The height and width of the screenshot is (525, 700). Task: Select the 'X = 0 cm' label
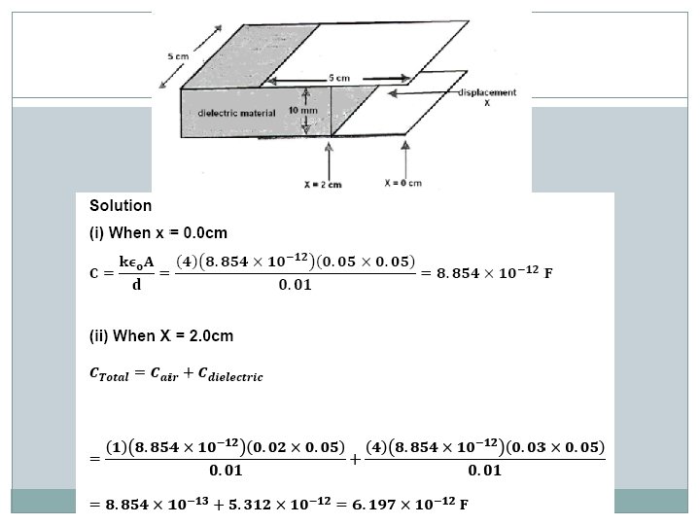click(x=402, y=183)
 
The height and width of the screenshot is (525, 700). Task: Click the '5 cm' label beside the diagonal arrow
click(x=176, y=56)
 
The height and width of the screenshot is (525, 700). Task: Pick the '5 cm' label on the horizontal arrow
click(x=336, y=77)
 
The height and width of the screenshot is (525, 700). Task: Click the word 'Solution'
click(x=120, y=206)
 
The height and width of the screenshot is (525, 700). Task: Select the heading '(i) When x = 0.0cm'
click(x=157, y=235)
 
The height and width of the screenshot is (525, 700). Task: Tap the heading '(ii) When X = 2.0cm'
click(x=160, y=336)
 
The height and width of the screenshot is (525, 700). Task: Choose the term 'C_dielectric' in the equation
click(x=228, y=374)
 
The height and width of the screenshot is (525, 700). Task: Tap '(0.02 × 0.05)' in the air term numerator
click(x=296, y=446)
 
